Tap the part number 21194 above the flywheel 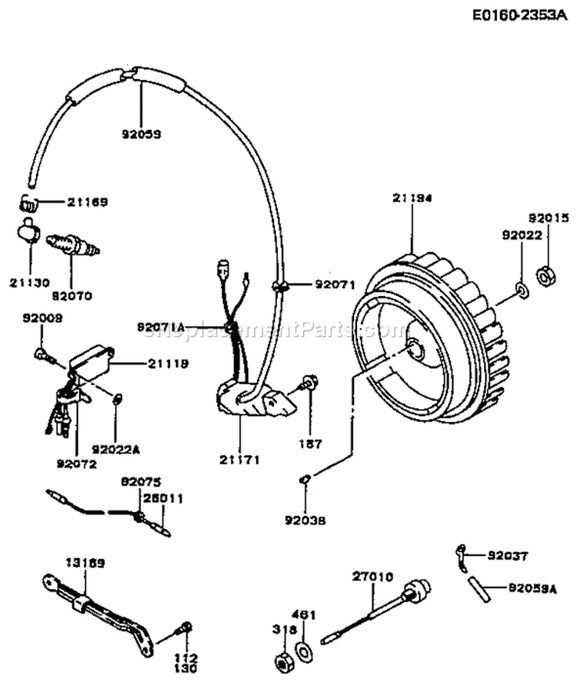tap(413, 198)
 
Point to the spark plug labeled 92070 tap(74, 246)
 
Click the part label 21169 tap(87, 202)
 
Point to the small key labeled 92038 tap(305, 480)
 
